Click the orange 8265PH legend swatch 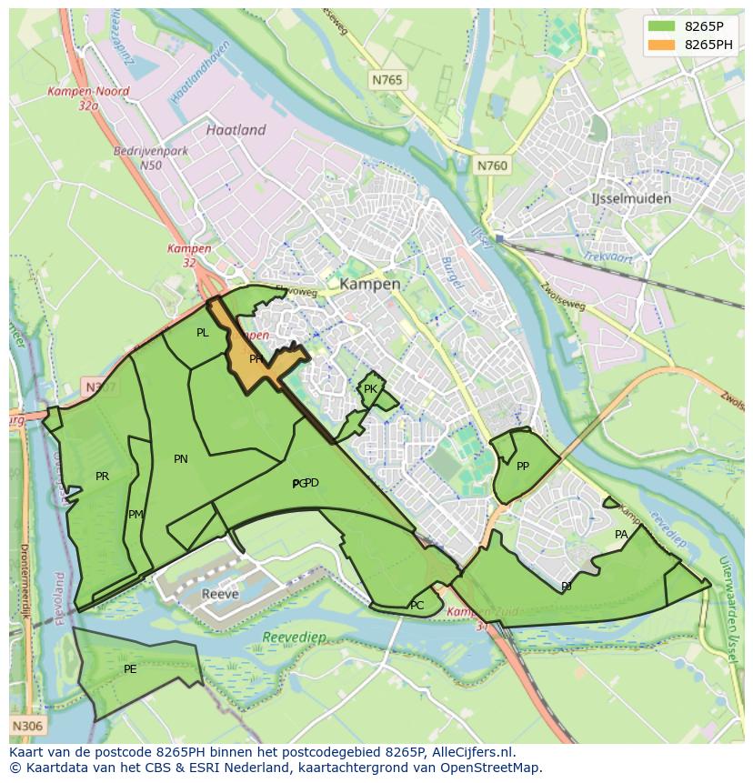[662, 45]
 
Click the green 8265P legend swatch [662, 26]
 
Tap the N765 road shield [387, 81]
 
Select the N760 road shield [492, 166]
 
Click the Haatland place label [236, 130]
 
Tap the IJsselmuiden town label [630, 198]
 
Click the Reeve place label [220, 594]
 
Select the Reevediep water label [294, 637]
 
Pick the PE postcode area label [130, 669]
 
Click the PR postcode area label [102, 476]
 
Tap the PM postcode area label [136, 515]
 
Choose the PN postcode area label [181, 459]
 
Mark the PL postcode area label [202, 333]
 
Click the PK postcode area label [370, 389]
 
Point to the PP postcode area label [523, 467]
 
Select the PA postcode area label [621, 535]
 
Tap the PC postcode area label [417, 606]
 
